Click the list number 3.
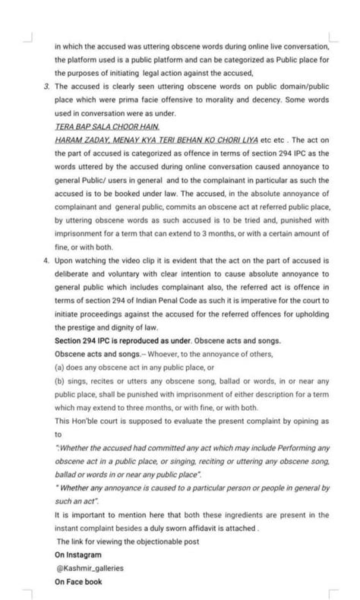(x=46, y=88)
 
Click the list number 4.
(x=46, y=259)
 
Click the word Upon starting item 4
(x=66, y=259)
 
